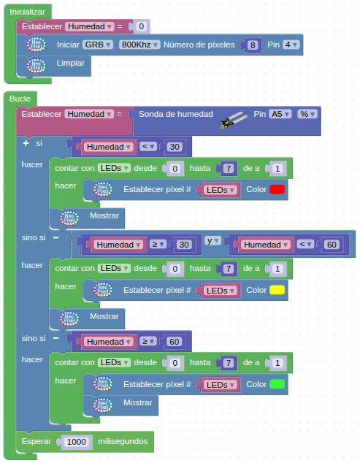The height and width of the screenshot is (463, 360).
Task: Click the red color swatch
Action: [277, 189]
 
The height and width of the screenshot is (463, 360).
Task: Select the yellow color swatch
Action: [277, 290]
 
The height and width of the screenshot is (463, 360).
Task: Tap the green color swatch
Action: [277, 384]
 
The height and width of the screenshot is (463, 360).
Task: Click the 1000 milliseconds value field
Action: [77, 442]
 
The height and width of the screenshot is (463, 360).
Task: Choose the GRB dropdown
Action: [97, 45]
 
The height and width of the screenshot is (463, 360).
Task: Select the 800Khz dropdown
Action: [139, 45]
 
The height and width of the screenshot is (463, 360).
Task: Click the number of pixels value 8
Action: [253, 45]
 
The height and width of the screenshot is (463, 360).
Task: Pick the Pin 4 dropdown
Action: [291, 45]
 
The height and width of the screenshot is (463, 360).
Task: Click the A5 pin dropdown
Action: [280, 114]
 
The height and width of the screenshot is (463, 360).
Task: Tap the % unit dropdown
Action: [307, 114]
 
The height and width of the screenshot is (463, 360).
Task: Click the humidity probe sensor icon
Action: [233, 120]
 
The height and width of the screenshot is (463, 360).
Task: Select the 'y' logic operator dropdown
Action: [213, 241]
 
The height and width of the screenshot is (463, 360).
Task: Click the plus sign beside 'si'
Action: [26, 143]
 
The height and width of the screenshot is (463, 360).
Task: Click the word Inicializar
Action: [28, 12]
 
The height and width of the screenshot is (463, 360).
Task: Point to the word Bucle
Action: [20, 99]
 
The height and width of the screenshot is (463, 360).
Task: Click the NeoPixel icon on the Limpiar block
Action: [37, 66]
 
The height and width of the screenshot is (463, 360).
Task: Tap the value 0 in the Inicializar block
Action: [142, 26]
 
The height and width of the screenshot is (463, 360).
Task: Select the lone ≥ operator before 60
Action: [148, 341]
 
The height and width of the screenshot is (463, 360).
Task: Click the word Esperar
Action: [37, 441]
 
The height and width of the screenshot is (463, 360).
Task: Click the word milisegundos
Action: [123, 441]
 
